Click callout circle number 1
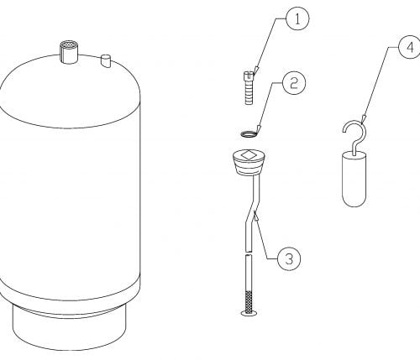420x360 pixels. pyautogui.click(x=297, y=19)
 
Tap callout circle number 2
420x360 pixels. pyautogui.click(x=294, y=83)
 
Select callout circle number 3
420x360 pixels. pyautogui.click(x=289, y=258)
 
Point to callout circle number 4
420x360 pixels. pyautogui.click(x=410, y=47)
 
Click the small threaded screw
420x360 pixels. pyautogui.click(x=249, y=88)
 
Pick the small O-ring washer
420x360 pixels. pyautogui.click(x=249, y=134)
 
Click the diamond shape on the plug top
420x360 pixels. pyautogui.click(x=248, y=155)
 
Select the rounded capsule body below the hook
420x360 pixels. pyautogui.click(x=354, y=179)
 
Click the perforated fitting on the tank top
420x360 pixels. pyautogui.click(x=69, y=52)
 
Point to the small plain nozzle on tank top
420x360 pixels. pyautogui.click(x=106, y=61)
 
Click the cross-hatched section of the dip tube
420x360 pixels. pyautogui.click(x=249, y=300)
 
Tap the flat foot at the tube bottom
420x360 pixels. pyautogui.click(x=249, y=313)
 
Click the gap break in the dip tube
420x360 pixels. pyautogui.click(x=249, y=253)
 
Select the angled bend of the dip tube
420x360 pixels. pyautogui.click(x=252, y=211)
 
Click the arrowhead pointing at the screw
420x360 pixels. pyautogui.click(x=256, y=70)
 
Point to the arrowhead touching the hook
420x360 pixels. pyautogui.click(x=363, y=119)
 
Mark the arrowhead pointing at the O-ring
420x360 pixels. pyautogui.click(x=259, y=128)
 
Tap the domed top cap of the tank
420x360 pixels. pyautogui.click(x=70, y=91)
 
